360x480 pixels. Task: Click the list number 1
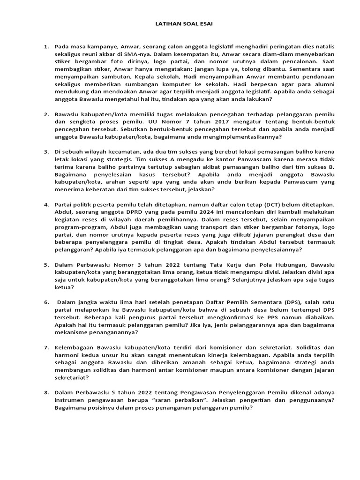pyautogui.click(x=46, y=47)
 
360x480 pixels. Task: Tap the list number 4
pyautogui.click(x=46, y=205)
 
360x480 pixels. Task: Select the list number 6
pyautogui.click(x=46, y=302)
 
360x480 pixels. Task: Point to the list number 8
pyautogui.click(x=46, y=391)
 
